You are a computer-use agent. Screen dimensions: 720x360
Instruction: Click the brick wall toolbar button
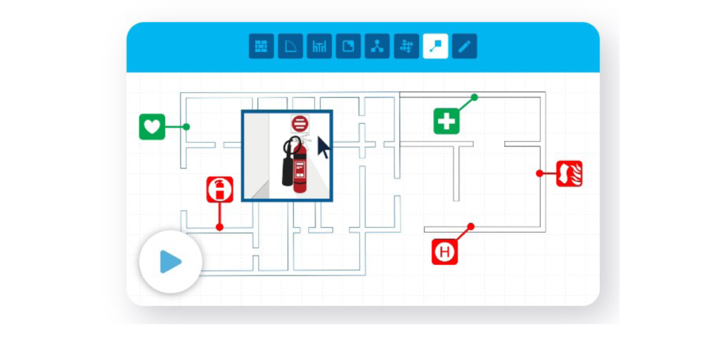click(262, 46)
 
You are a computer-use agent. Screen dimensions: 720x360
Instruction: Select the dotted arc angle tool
click(290, 46)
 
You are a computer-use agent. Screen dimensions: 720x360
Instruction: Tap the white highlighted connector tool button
click(435, 46)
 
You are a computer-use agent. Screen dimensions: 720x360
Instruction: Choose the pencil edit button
click(464, 46)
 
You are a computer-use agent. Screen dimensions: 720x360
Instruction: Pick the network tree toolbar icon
click(377, 46)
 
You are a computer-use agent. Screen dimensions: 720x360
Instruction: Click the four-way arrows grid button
click(406, 46)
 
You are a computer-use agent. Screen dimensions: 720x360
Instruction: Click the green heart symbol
click(152, 127)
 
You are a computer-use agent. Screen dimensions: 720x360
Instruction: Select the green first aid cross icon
click(446, 121)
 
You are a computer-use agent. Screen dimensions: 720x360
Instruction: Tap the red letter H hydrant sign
click(444, 252)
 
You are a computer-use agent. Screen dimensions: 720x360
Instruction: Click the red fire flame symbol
click(570, 174)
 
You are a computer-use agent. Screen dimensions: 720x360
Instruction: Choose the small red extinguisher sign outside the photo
click(219, 190)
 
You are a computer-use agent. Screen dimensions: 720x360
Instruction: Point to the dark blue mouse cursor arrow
click(323, 147)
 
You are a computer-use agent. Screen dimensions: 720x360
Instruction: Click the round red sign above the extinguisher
click(300, 124)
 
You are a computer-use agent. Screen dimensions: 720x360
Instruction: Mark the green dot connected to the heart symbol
click(186, 127)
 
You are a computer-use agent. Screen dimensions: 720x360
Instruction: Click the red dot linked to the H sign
click(470, 226)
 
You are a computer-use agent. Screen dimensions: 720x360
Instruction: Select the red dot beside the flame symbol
click(539, 173)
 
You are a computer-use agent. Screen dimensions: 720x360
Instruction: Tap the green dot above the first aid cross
click(475, 97)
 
